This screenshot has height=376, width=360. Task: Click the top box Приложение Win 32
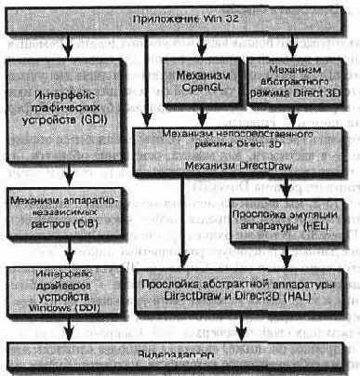coord(180,19)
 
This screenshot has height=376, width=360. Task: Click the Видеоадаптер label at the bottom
coord(179,356)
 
